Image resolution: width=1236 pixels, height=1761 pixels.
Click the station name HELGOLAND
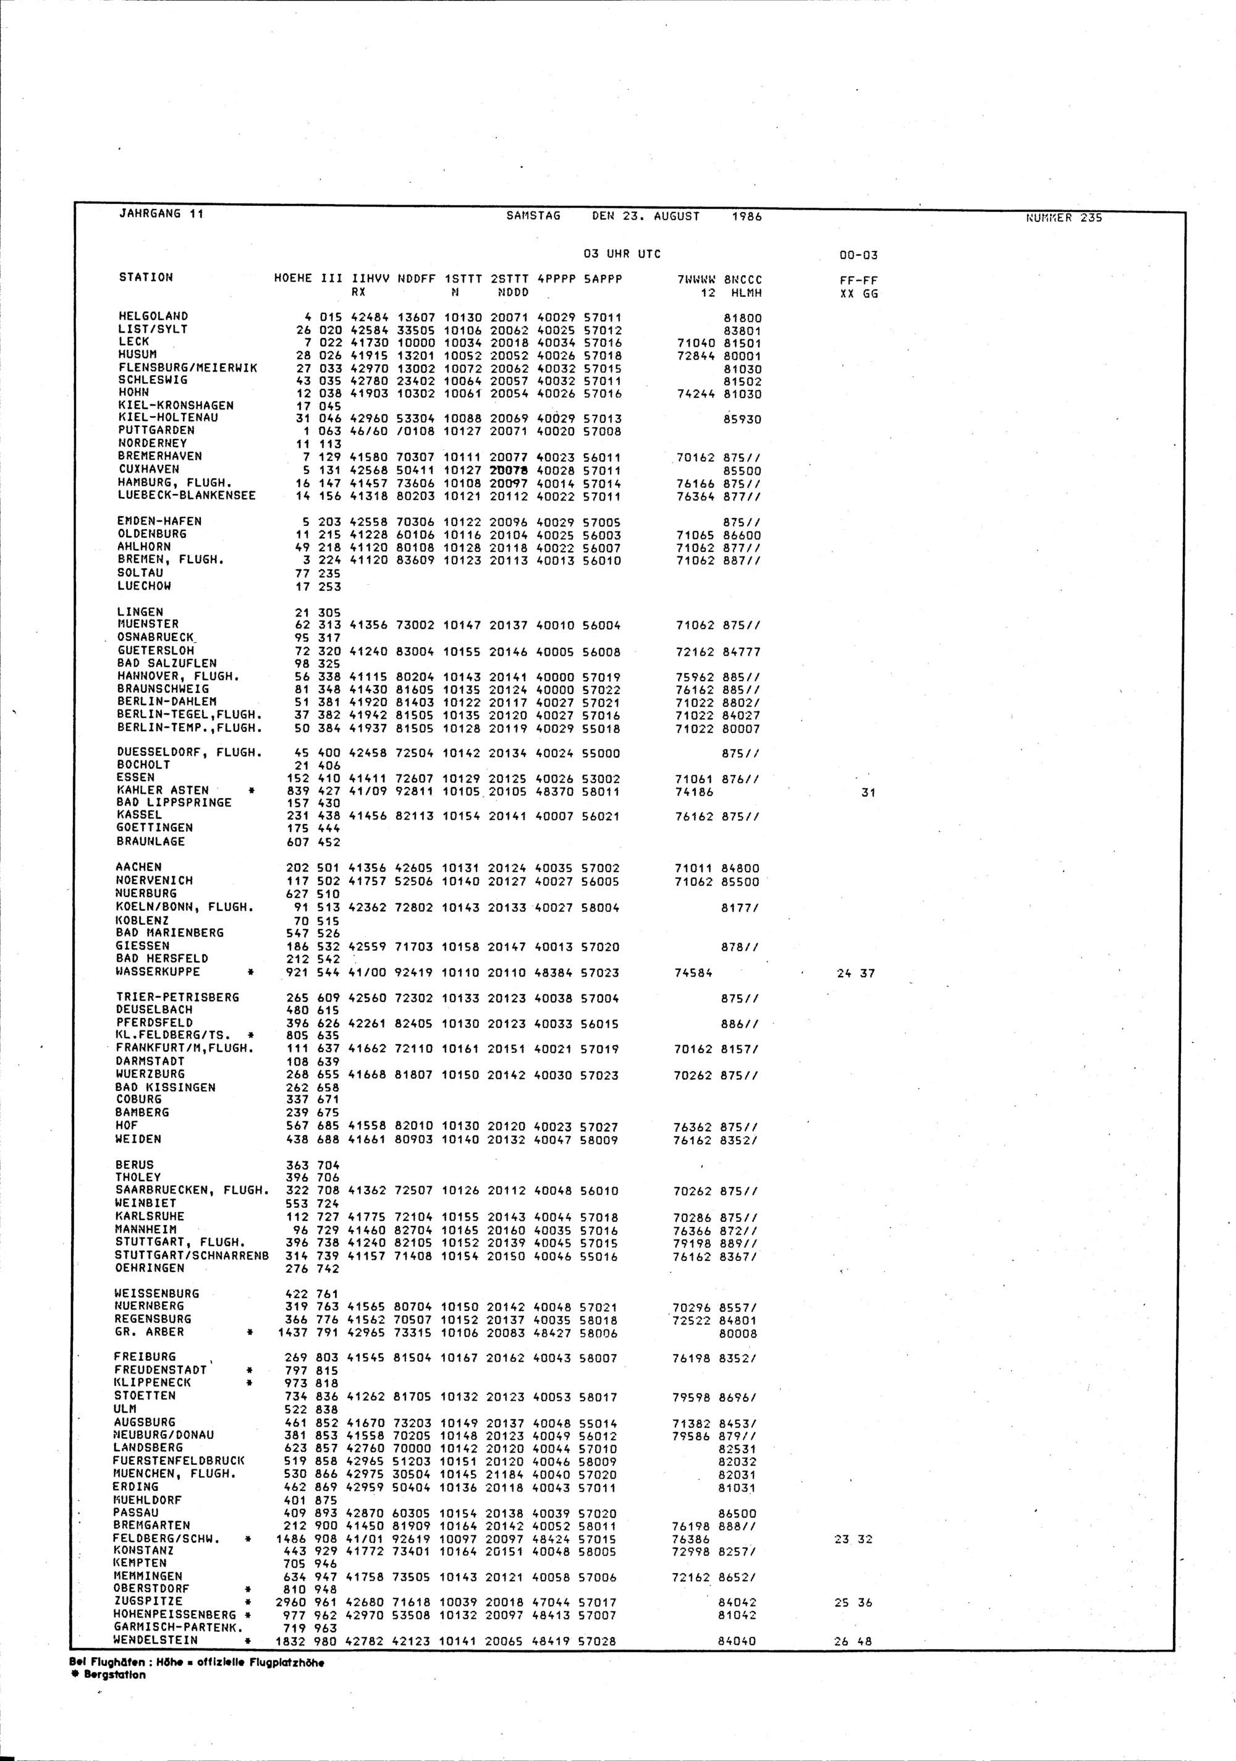(153, 316)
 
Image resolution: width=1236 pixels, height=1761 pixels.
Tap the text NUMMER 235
(1064, 218)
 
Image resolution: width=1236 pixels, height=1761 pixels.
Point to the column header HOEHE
(292, 278)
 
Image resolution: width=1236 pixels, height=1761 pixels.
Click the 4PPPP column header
(556, 280)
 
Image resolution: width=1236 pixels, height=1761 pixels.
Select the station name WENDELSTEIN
(156, 1640)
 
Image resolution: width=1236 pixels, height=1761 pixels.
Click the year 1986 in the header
(746, 217)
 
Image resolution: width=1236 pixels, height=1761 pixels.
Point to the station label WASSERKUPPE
(158, 972)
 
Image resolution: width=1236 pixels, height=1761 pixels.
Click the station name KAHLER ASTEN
(163, 790)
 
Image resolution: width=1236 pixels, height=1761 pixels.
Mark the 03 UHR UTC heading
(621, 254)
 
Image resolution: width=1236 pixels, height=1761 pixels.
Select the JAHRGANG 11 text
(161, 214)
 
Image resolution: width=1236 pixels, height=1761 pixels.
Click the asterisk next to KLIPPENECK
(249, 1383)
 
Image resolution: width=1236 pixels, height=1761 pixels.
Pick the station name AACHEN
(139, 867)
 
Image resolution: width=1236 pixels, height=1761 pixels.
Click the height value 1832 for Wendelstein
(290, 1641)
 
